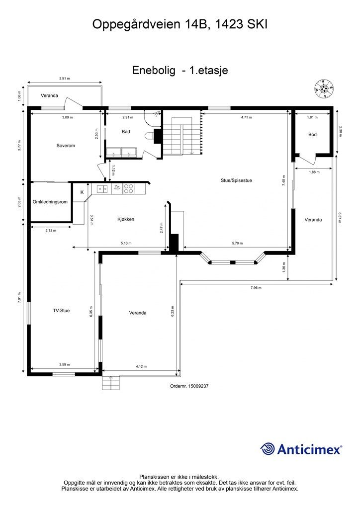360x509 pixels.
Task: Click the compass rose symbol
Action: (x=324, y=88)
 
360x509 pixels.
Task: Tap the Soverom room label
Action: (x=65, y=146)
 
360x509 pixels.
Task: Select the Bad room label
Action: (x=126, y=132)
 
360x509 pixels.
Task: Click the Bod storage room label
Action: (x=312, y=135)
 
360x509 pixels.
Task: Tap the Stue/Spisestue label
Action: (x=237, y=180)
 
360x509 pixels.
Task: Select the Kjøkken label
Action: (x=126, y=219)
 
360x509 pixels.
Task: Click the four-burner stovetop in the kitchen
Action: (x=128, y=188)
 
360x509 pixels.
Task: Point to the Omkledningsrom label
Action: (x=50, y=202)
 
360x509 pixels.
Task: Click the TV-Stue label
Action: (x=61, y=311)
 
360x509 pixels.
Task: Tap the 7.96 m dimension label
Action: (x=256, y=288)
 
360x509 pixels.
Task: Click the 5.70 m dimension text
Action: (x=237, y=244)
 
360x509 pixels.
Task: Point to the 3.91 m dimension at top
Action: (x=64, y=79)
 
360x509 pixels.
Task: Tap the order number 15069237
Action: (x=189, y=386)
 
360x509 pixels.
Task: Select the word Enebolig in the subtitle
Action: (x=154, y=71)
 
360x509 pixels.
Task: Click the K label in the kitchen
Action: (x=82, y=191)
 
